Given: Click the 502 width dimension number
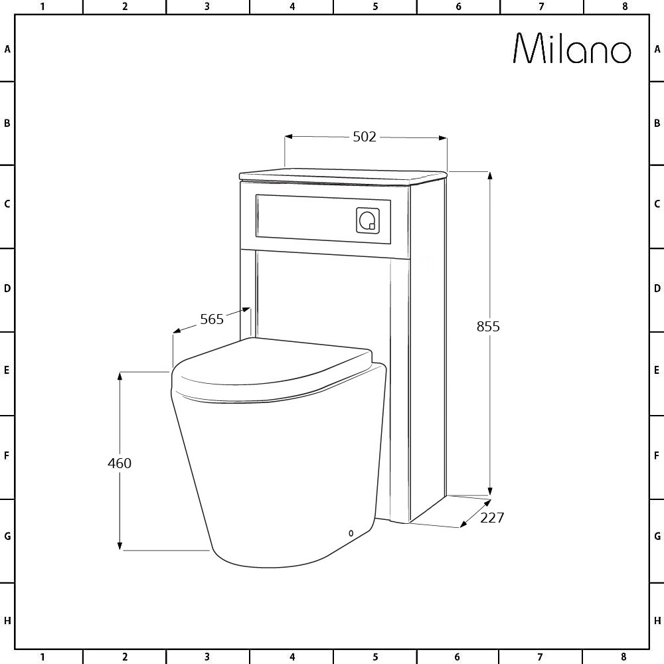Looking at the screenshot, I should tap(365, 137).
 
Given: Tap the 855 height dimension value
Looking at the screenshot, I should tap(488, 327).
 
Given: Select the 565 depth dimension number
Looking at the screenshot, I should tap(212, 319).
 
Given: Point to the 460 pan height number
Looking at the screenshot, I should tap(120, 463).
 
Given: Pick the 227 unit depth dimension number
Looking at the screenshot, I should tap(492, 518).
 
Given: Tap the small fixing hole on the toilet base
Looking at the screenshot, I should tap(351, 532).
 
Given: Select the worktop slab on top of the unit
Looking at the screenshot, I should tap(342, 175).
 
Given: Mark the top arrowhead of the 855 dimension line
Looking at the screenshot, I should tap(490, 176).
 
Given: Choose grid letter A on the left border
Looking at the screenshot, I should tap(7, 49).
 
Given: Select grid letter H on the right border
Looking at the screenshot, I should tap(657, 621).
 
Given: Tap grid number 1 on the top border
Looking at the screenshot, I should tap(42, 7).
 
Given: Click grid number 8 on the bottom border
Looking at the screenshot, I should tap(623, 657).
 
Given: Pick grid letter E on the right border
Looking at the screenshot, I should tap(657, 370).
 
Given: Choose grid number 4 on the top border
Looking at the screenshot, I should tap(292, 7).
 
